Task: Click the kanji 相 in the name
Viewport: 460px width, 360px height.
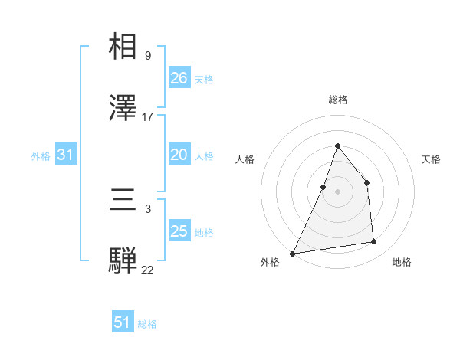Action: (123, 47)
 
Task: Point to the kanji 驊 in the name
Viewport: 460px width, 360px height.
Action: (123, 260)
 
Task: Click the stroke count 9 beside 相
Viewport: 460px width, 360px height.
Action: (147, 56)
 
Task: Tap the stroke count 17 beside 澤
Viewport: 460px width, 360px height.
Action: (148, 116)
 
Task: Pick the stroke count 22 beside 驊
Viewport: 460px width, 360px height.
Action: (147, 270)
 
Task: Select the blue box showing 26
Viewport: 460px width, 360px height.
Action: (179, 78)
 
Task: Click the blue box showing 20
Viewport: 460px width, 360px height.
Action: (179, 155)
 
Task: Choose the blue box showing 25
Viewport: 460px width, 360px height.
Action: (179, 231)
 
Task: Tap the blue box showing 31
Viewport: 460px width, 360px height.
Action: (66, 155)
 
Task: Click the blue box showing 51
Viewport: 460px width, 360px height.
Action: (123, 322)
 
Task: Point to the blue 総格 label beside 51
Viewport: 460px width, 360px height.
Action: (147, 324)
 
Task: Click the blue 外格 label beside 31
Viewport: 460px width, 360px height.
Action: (41, 156)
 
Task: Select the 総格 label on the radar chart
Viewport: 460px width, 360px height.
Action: (337, 100)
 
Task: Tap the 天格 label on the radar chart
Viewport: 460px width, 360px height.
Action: (431, 159)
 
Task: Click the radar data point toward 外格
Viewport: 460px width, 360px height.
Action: (292, 253)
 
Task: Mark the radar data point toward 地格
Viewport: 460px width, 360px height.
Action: (374, 242)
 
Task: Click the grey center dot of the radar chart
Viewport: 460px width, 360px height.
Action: (337, 191)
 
